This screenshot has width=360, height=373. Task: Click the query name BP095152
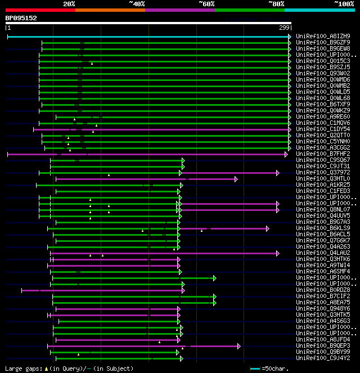(21, 18)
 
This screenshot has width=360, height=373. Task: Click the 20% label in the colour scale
(69, 4)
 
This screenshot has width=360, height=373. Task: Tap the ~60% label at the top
(206, 4)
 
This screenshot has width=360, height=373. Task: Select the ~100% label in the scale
(343, 4)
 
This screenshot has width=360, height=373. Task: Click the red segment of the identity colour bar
(39, 10)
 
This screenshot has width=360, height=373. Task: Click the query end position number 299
(285, 27)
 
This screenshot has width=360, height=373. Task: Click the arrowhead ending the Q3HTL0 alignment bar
(236, 179)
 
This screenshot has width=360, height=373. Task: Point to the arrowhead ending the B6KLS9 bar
(268, 228)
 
